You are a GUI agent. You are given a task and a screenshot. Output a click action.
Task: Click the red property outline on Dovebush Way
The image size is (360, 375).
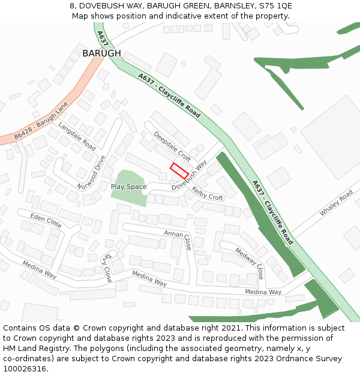179,170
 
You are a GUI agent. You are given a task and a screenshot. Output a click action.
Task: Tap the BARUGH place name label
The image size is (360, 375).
101,53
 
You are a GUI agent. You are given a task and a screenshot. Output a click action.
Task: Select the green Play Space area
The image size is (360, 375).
129,187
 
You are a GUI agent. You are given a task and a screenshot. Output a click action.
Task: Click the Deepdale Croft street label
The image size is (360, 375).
172,146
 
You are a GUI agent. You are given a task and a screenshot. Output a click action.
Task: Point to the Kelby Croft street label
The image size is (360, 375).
207,193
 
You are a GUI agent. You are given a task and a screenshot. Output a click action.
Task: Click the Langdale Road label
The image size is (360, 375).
77,136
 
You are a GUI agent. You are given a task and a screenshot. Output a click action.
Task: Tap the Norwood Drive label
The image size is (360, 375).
91,172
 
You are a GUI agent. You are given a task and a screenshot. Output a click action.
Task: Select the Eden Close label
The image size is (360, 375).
46,220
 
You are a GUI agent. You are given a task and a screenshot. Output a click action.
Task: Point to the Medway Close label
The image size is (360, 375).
249,263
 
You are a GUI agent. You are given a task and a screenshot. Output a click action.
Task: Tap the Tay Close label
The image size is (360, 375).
106,268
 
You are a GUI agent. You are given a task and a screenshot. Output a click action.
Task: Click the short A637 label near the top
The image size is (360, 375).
102,39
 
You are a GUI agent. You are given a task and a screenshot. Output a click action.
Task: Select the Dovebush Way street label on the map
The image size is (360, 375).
189,176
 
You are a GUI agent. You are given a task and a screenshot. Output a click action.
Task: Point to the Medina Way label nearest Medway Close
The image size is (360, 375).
263,292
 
